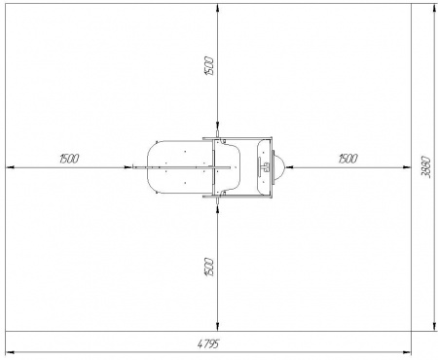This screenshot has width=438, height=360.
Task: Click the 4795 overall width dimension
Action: point(208,343)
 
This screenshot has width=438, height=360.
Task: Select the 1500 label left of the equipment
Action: point(69,159)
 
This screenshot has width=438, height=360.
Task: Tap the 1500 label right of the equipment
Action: point(347,159)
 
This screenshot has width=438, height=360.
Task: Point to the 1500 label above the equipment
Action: point(209,66)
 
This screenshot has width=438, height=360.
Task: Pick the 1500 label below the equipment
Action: point(209,268)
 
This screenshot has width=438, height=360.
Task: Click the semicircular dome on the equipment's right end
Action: point(279,167)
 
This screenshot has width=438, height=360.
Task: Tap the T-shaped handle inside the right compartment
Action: point(264,167)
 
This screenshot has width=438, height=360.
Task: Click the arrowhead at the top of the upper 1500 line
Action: point(218,8)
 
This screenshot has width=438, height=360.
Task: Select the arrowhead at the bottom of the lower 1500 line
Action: point(218,327)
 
